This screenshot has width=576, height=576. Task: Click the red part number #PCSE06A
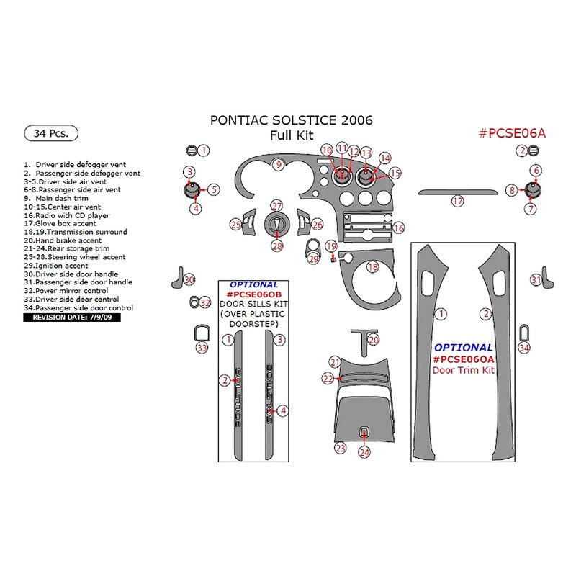(x=512, y=133)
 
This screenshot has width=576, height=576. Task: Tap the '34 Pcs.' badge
(x=51, y=133)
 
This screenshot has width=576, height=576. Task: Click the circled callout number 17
(x=458, y=202)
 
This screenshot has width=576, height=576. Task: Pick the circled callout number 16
(x=398, y=228)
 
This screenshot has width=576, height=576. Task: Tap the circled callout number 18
(x=372, y=267)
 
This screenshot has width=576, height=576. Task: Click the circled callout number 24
(x=364, y=451)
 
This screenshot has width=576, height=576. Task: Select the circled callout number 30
(x=189, y=279)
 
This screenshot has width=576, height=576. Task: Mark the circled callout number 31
(x=536, y=279)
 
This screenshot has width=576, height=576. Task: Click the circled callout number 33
(x=202, y=348)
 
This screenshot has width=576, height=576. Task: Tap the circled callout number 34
(x=523, y=348)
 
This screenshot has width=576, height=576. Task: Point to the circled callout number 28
(x=277, y=246)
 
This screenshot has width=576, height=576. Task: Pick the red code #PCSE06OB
(x=253, y=295)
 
